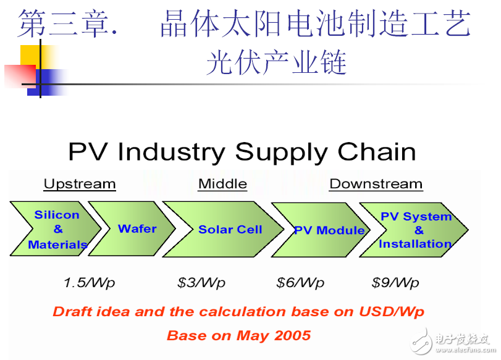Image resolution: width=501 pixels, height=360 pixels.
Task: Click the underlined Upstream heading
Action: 80,184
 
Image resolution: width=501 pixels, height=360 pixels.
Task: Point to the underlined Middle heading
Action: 222,184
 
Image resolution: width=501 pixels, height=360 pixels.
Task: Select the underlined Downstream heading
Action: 376,184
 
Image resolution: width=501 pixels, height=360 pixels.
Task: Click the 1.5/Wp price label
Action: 89,283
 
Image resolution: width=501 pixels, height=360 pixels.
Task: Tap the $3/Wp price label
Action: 201,283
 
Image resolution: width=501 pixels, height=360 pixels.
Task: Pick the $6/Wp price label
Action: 300,283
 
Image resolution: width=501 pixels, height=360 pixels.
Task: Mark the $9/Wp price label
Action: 395,283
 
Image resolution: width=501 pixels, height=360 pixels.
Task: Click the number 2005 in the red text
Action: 290,336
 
